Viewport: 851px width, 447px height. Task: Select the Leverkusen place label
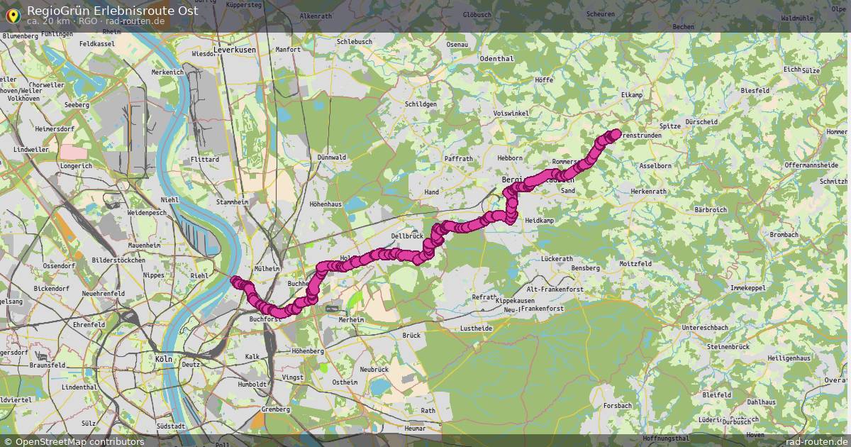(234, 50)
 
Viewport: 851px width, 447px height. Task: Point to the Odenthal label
(496, 59)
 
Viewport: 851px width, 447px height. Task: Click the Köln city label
(163, 360)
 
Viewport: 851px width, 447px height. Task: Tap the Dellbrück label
(406, 236)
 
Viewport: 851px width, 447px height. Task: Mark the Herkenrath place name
(648, 192)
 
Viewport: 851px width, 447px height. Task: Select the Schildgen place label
(421, 104)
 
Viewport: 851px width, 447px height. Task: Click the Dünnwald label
(332, 158)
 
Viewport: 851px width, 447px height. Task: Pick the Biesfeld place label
(755, 92)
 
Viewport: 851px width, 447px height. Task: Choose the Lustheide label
(476, 329)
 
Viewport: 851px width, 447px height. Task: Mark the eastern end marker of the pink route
(616, 133)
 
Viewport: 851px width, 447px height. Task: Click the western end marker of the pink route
(235, 281)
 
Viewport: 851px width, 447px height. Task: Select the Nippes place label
(153, 275)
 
